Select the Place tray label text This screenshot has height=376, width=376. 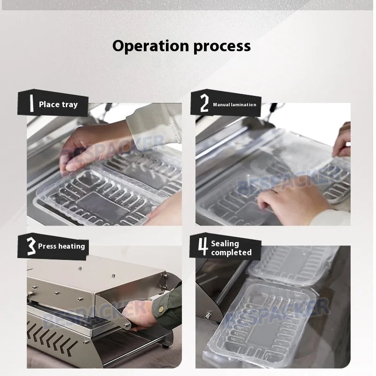coord(58,104)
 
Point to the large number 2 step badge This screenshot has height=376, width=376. coord(204,103)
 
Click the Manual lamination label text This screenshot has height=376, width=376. coord(235,104)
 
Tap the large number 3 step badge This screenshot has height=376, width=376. coord(31,246)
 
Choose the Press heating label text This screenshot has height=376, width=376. coord(62,246)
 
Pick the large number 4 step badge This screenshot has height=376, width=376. coord(203,247)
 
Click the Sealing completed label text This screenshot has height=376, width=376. coord(231,248)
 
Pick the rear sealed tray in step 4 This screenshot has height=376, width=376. coord(291,263)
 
